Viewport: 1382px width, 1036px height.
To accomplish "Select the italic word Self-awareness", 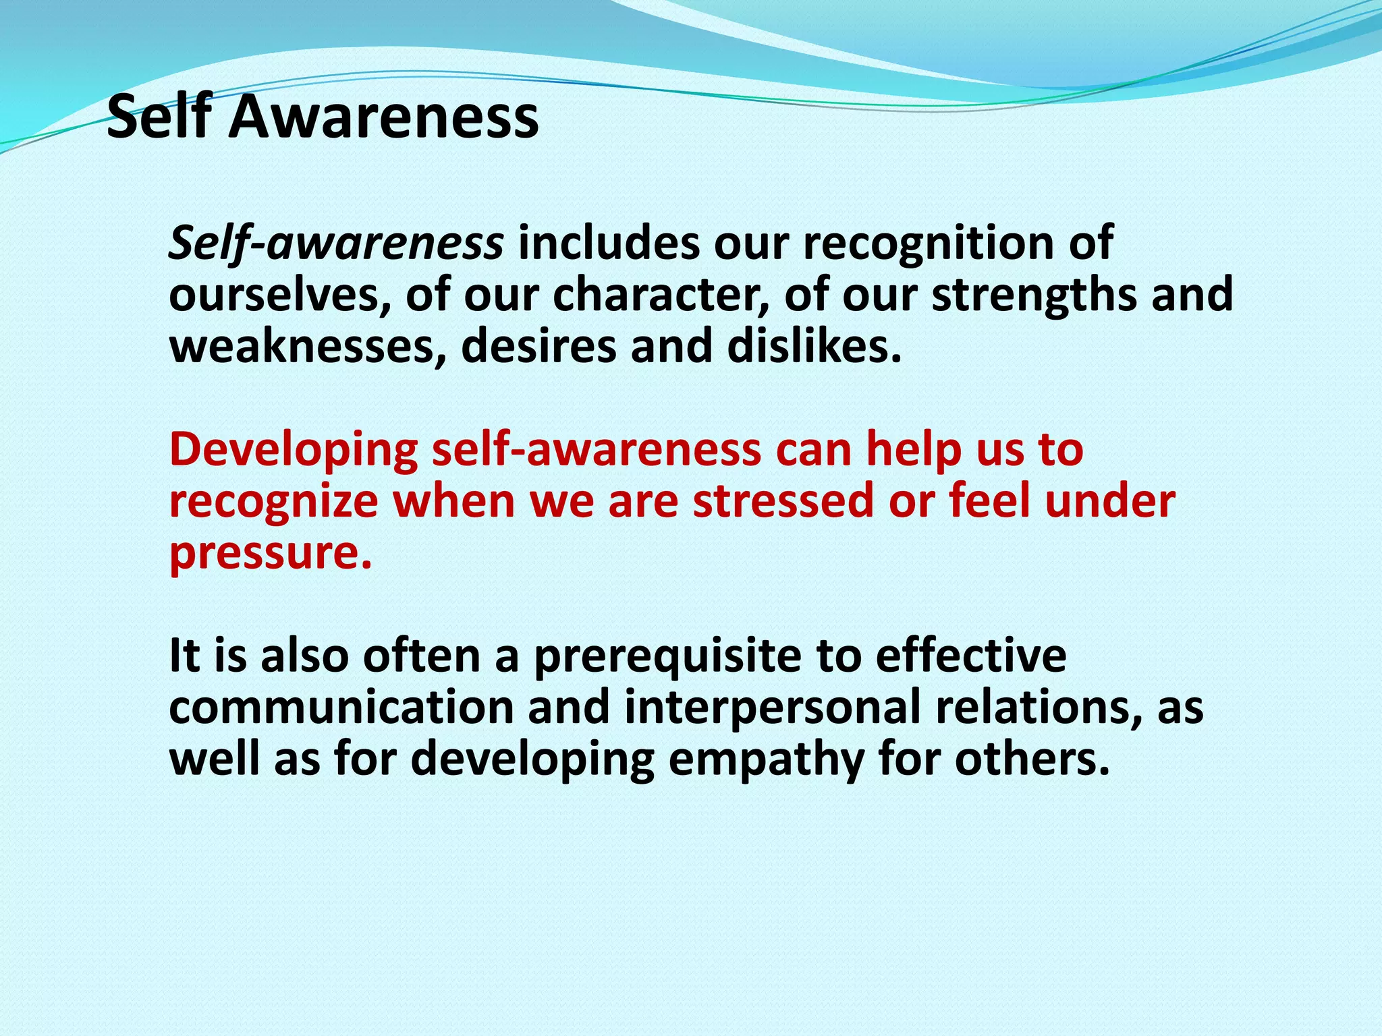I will pyautogui.click(x=335, y=243).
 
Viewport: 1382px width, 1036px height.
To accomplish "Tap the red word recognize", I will pyautogui.click(x=274, y=501).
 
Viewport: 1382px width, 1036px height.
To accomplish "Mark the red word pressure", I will pyautogui.click(x=270, y=553).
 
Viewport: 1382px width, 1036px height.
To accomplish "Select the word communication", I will pyautogui.click(x=341, y=708).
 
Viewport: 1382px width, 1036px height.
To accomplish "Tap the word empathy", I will pyautogui.click(x=766, y=759).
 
